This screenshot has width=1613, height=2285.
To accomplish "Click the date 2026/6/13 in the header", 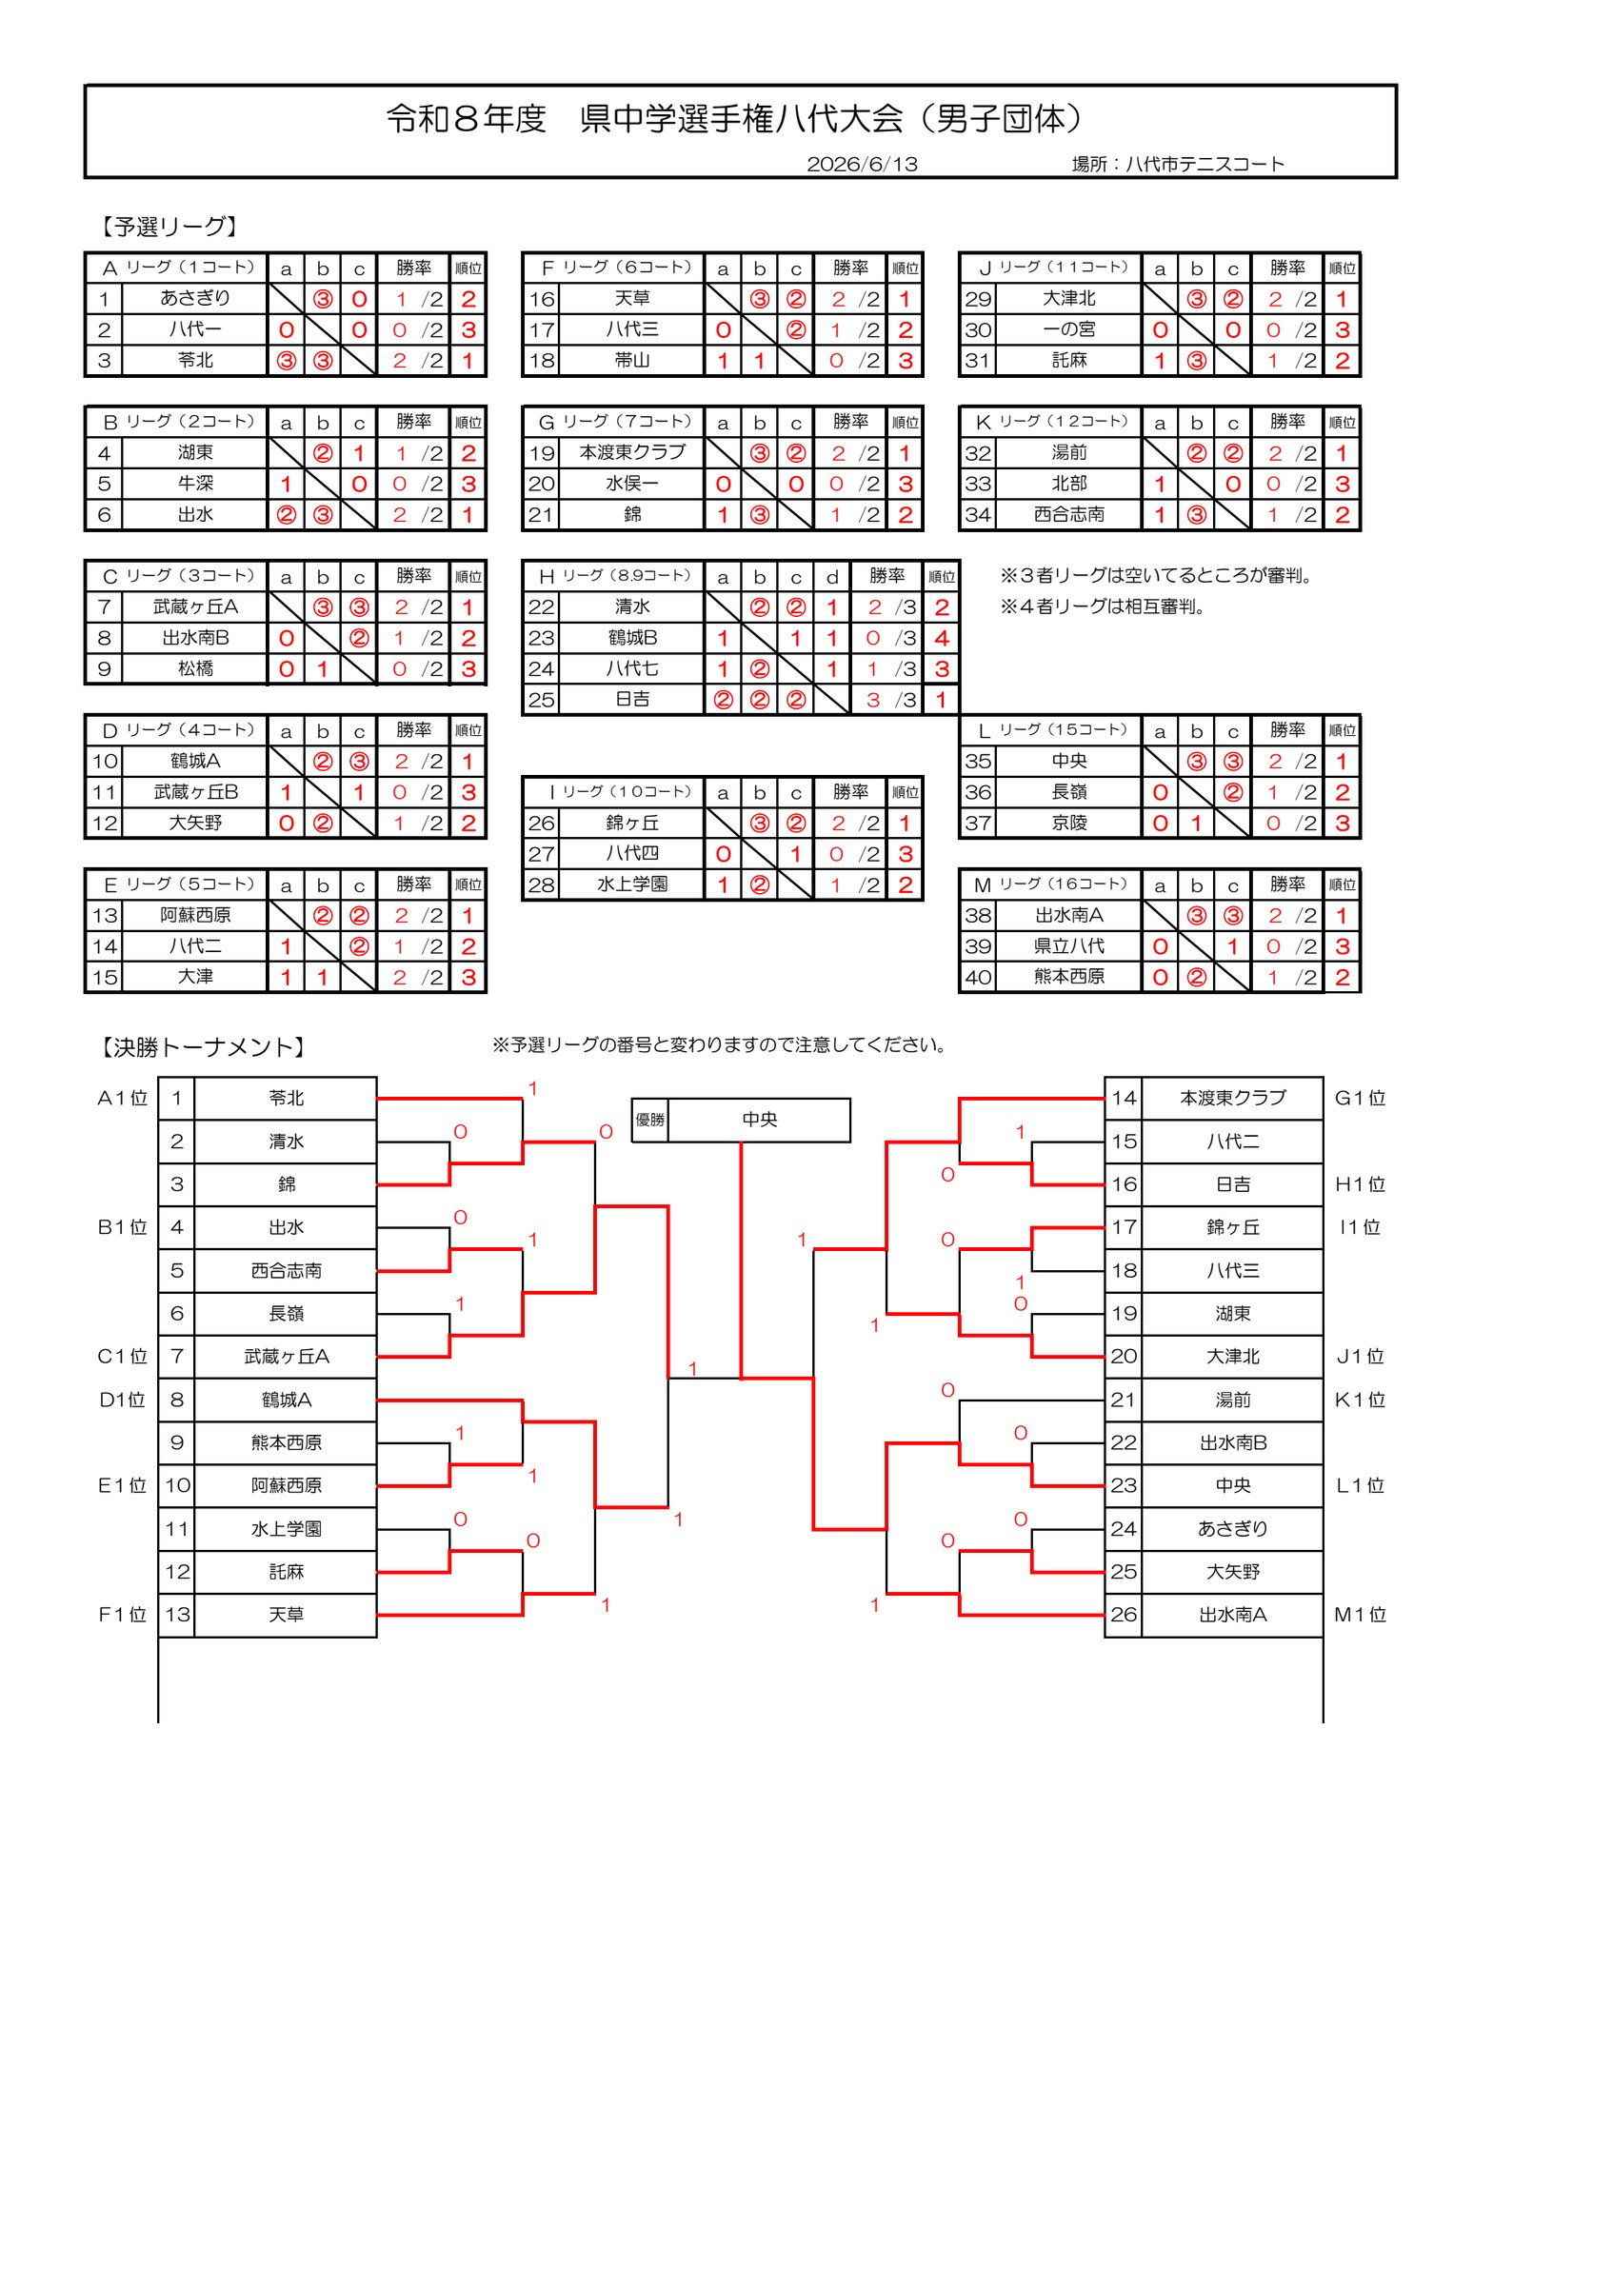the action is tap(862, 164).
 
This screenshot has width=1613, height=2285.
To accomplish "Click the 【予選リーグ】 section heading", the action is tap(168, 227).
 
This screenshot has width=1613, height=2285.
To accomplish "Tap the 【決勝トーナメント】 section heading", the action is tap(201, 1047).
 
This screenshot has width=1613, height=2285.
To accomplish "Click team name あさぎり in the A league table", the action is tap(195, 298).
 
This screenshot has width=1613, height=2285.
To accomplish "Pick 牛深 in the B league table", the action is tap(195, 484).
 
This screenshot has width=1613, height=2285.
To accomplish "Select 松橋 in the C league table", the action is tap(195, 668).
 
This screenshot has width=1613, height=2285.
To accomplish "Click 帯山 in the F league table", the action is tap(632, 360).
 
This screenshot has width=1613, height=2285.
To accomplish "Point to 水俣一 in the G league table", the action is tap(632, 484).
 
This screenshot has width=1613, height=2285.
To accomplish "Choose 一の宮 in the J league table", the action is tap(1069, 329).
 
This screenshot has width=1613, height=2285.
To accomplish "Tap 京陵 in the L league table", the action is tap(1069, 823).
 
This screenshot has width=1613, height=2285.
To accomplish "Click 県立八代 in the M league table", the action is tap(1069, 946).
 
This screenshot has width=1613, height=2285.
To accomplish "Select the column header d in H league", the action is tap(832, 577).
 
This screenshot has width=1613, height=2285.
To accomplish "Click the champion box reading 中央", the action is tap(759, 1120).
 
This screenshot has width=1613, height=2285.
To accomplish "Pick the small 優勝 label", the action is tap(649, 1120).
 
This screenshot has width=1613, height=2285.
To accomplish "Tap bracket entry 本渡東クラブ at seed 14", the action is tap(1233, 1098).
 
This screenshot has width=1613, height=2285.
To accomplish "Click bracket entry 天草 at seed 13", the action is tap(287, 1614).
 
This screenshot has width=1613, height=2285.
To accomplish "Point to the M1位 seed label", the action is tap(1361, 1614).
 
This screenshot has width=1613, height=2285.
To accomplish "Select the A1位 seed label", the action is tap(123, 1098).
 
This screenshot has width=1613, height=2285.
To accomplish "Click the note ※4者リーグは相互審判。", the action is tap(1104, 606).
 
